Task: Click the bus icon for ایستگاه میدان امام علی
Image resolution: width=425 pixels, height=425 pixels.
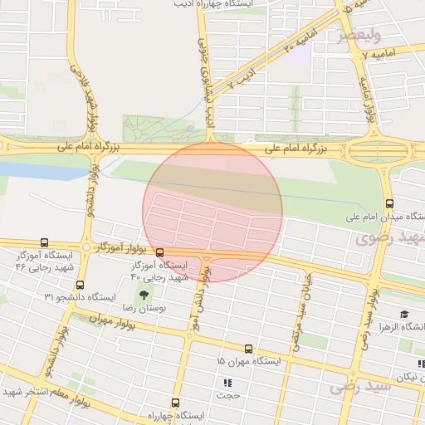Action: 389,203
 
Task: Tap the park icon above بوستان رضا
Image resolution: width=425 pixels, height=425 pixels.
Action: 144,295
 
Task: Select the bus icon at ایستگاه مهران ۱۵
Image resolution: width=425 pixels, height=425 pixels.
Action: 248,349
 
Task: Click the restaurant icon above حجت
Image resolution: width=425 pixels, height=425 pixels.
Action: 227,383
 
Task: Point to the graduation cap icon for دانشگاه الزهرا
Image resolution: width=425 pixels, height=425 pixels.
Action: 404,315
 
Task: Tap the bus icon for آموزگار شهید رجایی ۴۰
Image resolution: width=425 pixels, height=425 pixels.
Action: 159,252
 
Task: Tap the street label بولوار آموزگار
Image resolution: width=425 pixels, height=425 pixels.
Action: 121,247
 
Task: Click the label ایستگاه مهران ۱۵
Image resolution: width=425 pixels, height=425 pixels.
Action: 249,362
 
